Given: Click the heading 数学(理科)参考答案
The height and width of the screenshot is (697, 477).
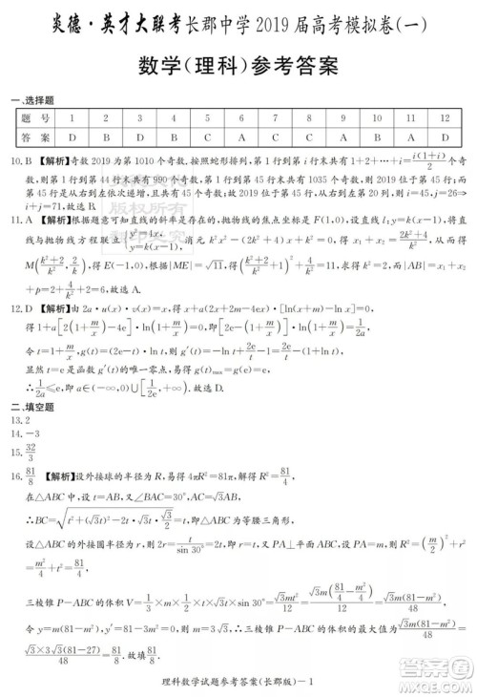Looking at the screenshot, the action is [x=238, y=66].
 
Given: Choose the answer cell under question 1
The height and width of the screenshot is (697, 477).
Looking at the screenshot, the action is [x=72, y=137].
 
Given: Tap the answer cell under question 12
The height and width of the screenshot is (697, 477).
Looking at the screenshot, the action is [x=445, y=137].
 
